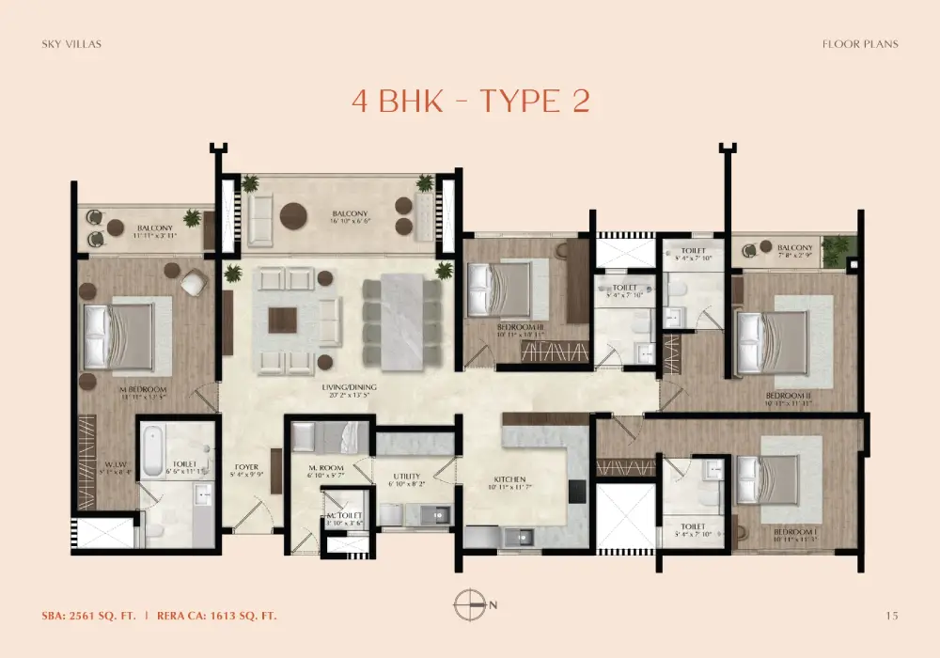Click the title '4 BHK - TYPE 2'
pyautogui.click(x=470, y=101)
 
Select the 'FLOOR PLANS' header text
pyautogui.click(x=859, y=43)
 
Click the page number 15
pyautogui.click(x=891, y=616)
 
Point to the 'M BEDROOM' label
pyautogui.click(x=143, y=389)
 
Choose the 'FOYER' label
pyautogui.click(x=245, y=466)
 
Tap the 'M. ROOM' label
pyautogui.click(x=326, y=467)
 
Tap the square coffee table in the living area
pyautogui.click(x=282, y=320)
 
